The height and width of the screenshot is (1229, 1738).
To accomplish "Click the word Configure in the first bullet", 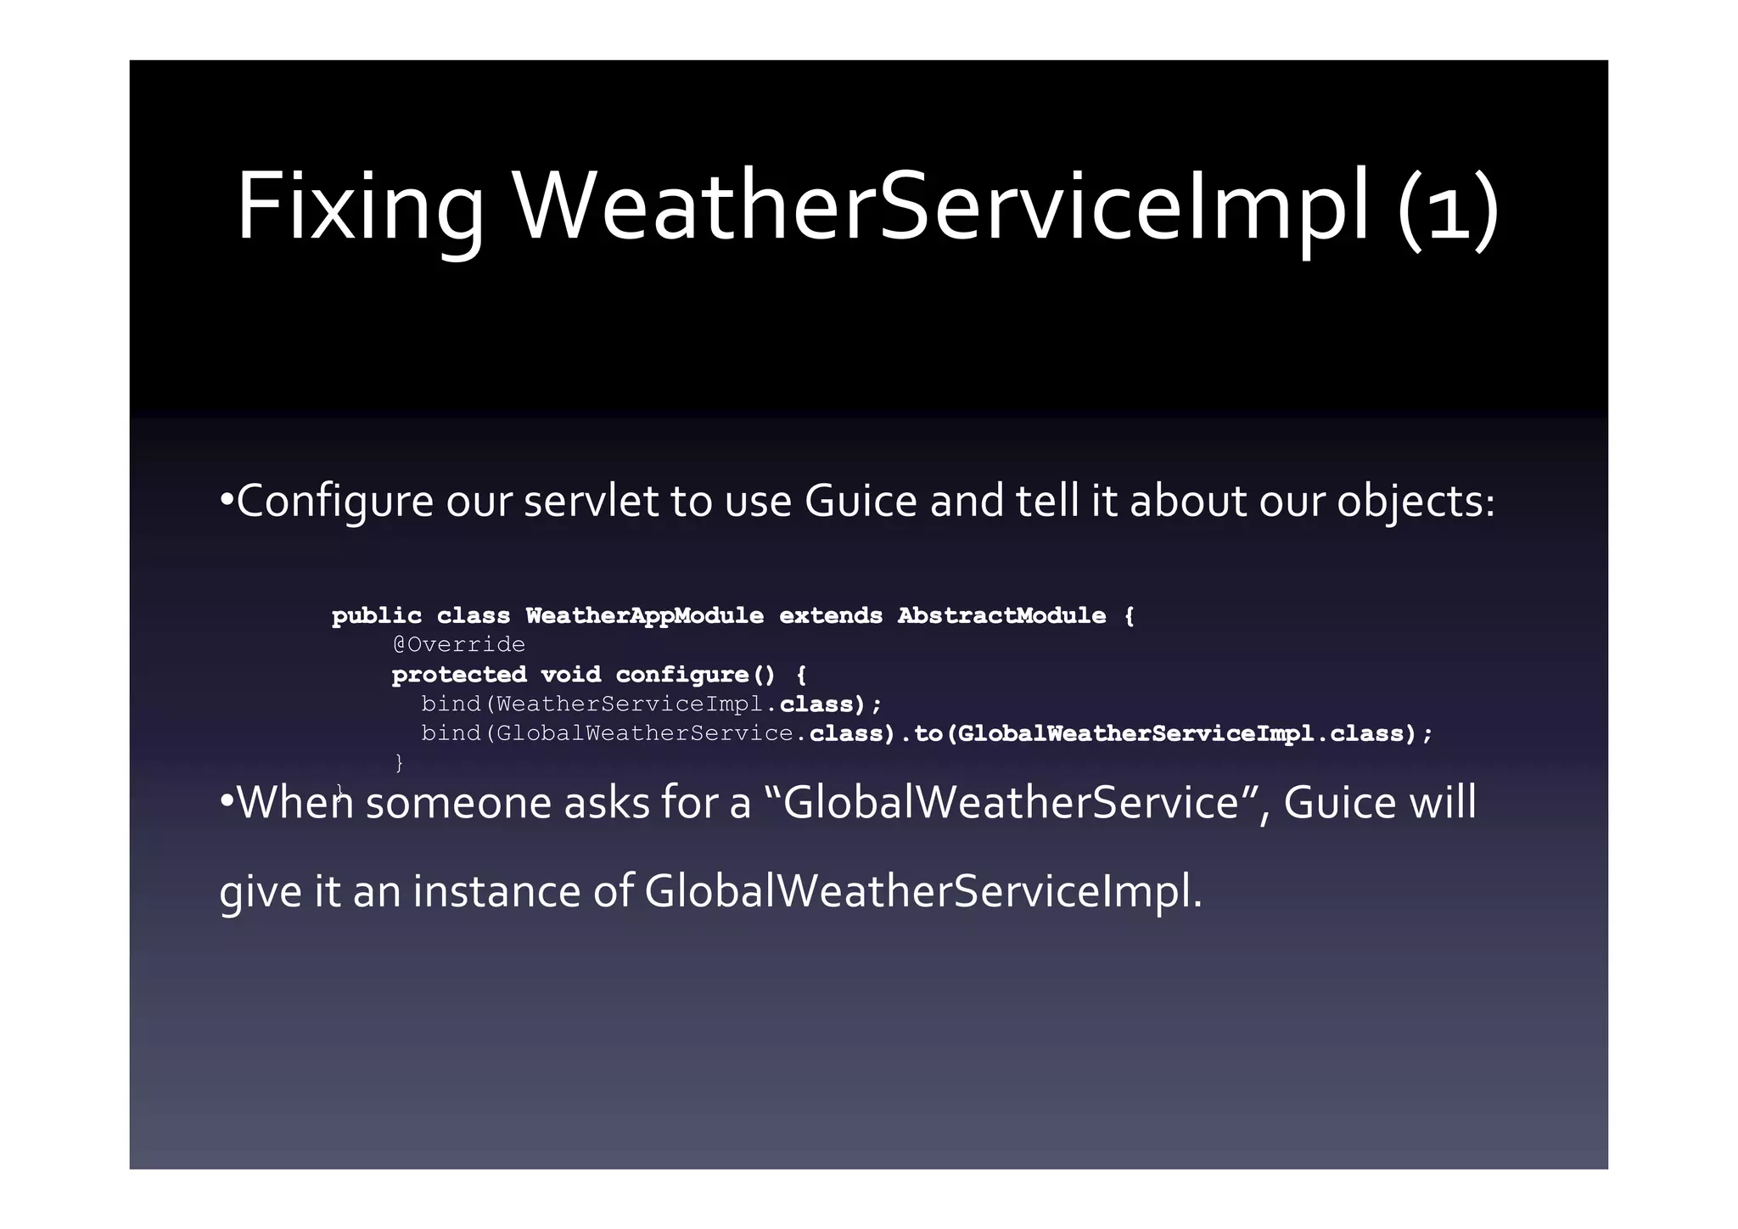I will tap(335, 501).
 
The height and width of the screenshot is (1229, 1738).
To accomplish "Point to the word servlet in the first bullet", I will tap(591, 501).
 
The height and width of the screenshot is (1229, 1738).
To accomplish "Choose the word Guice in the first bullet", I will tap(861, 501).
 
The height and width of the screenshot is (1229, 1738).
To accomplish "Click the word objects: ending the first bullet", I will tap(1416, 501).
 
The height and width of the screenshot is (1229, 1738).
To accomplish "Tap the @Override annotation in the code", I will tap(458, 645).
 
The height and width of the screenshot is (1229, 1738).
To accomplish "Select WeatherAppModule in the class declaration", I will tap(644, 615).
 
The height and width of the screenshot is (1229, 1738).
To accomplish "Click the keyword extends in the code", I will tap(831, 615).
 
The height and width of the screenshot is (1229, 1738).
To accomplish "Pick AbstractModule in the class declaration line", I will tap(1001, 615).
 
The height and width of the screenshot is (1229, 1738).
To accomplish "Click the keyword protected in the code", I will tap(459, 675).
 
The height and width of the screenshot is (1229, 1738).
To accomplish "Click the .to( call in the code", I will tap(926, 733).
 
